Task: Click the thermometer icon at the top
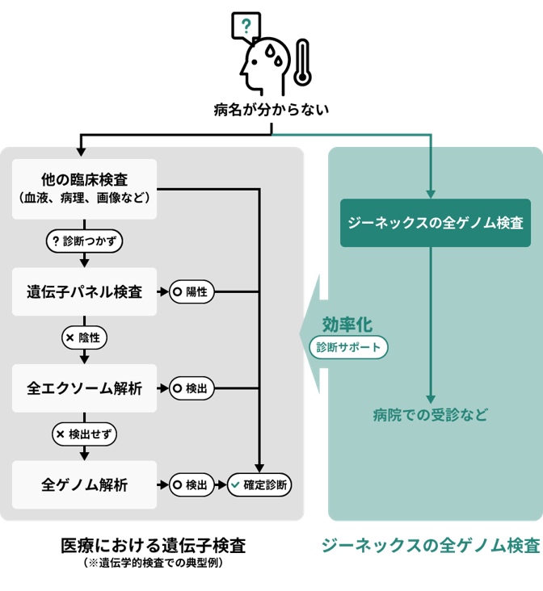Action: click(x=302, y=62)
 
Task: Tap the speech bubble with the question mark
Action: click(x=246, y=27)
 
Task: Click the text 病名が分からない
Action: click(x=271, y=110)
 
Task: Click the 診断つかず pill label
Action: click(x=85, y=241)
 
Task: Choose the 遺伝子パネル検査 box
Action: click(x=85, y=291)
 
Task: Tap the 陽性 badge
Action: click(x=191, y=291)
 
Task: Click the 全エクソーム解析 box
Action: click(x=85, y=388)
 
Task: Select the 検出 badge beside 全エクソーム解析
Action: click(x=191, y=388)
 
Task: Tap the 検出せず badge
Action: click(x=85, y=434)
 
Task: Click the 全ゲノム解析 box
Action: click(x=85, y=485)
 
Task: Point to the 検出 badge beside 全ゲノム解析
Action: click(x=191, y=485)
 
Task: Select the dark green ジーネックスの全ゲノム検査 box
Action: click(x=435, y=223)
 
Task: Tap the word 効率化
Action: click(x=347, y=324)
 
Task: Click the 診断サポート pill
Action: click(x=349, y=347)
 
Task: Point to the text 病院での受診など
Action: click(x=431, y=415)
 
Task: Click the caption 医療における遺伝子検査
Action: click(x=153, y=545)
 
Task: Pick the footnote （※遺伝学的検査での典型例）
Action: click(x=153, y=563)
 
